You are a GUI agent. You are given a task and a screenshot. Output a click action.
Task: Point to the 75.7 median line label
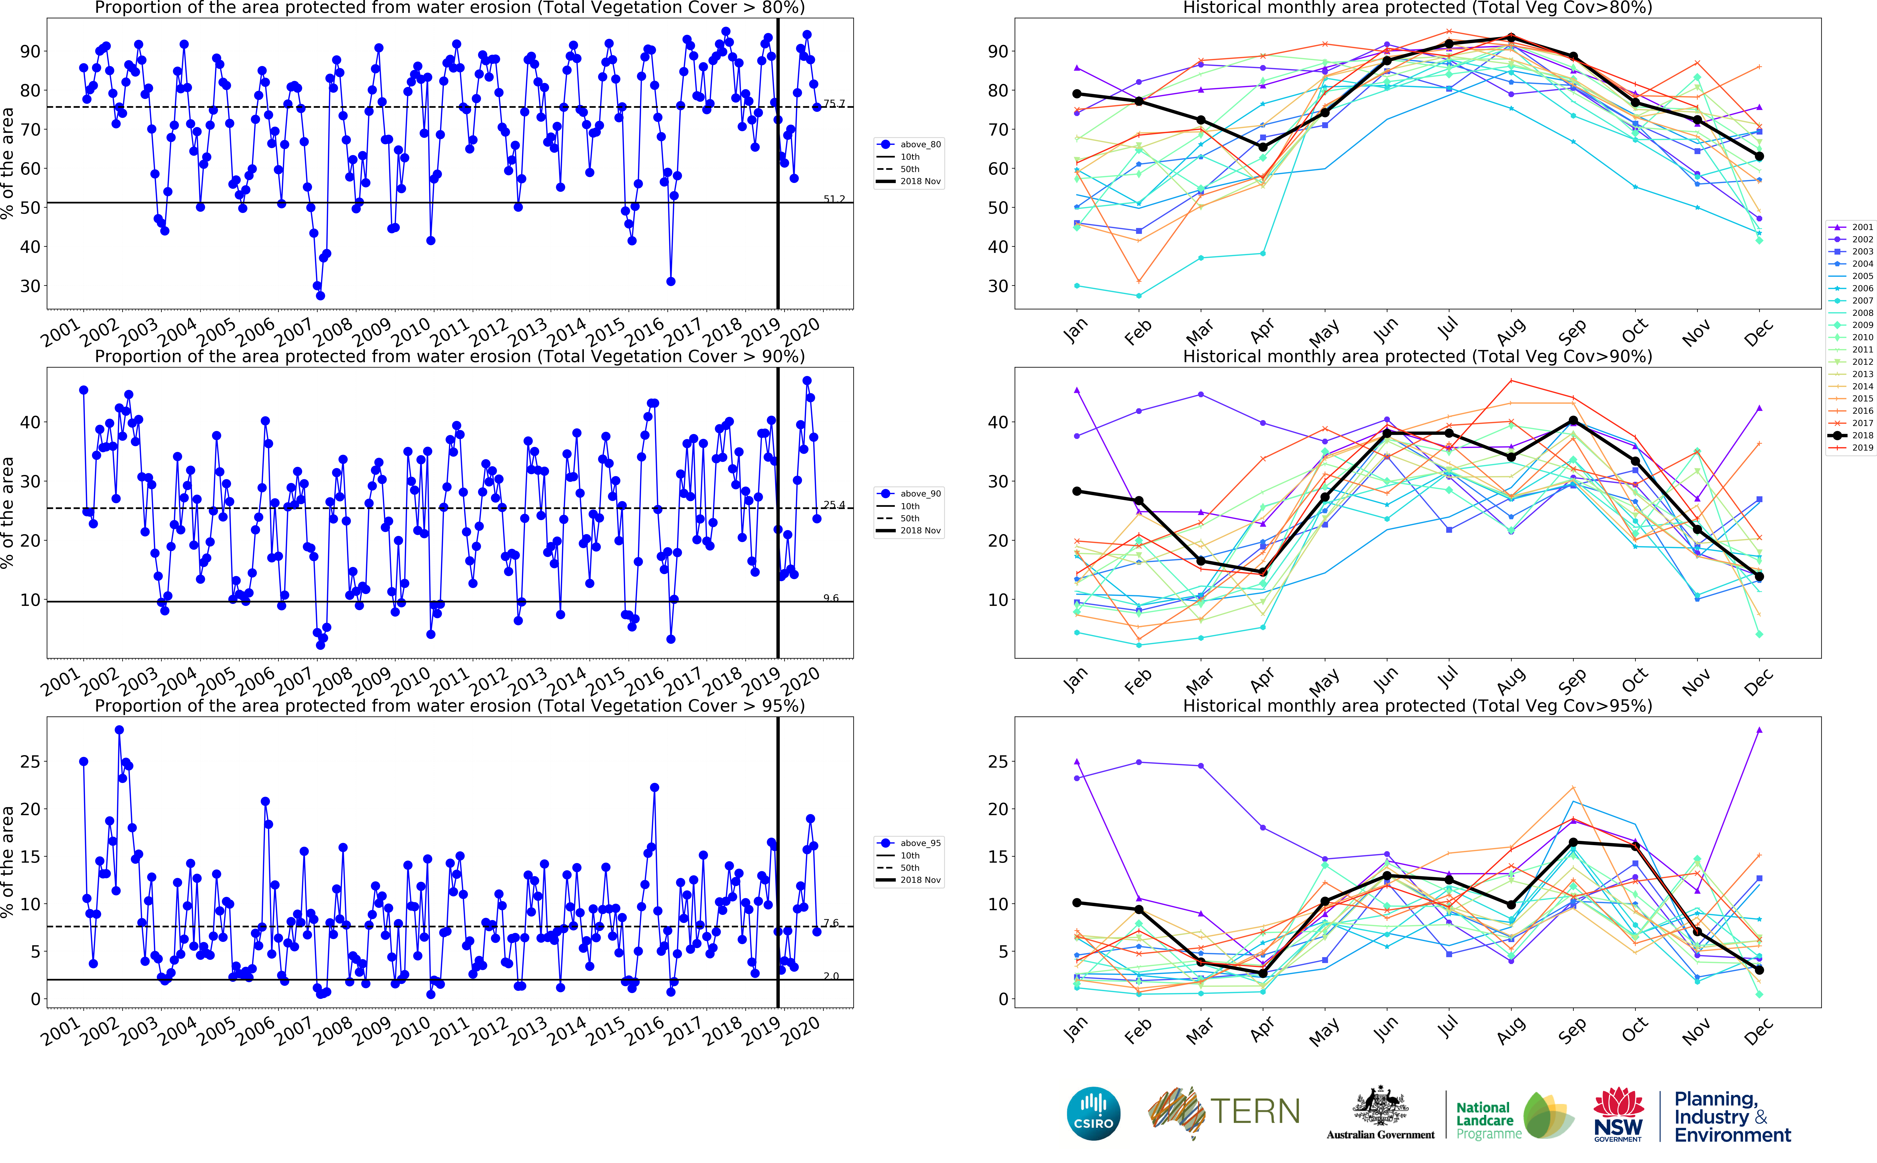tap(834, 103)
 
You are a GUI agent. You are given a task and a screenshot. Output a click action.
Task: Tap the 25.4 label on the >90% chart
tap(834, 505)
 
